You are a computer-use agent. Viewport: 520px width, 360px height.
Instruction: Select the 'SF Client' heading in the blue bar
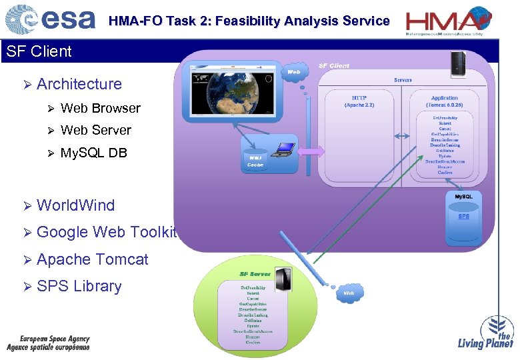click(x=39, y=51)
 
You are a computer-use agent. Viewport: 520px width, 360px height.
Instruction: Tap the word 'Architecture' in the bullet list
click(x=79, y=84)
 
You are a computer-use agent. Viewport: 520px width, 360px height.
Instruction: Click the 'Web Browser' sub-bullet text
click(x=100, y=108)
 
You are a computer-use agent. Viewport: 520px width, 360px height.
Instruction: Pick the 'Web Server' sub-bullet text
click(x=95, y=130)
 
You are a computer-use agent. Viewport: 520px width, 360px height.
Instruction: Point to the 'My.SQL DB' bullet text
click(x=93, y=153)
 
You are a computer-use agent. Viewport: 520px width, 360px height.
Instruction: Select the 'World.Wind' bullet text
click(x=75, y=205)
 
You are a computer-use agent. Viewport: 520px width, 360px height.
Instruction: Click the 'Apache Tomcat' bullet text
click(x=92, y=259)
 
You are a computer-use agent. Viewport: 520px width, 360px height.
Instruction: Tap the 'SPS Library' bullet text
click(x=79, y=286)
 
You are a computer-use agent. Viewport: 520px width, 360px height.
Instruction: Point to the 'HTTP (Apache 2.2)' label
click(x=359, y=101)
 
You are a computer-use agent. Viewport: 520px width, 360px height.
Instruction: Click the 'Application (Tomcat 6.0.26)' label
click(x=445, y=101)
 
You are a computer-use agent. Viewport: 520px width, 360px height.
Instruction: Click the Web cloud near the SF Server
click(x=349, y=293)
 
